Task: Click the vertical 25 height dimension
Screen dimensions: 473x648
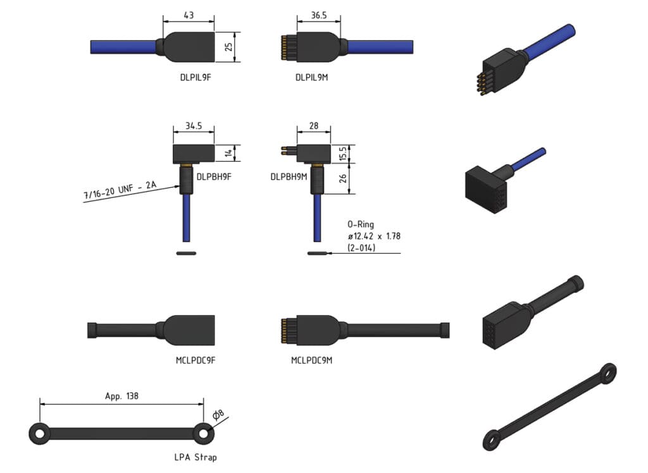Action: click(230, 47)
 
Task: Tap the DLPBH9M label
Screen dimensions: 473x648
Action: click(289, 177)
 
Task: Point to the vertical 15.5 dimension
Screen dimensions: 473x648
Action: click(342, 153)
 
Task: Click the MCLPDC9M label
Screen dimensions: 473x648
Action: click(312, 360)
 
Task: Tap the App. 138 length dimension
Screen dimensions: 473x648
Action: click(121, 396)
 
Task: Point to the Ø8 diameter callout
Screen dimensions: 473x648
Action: click(217, 415)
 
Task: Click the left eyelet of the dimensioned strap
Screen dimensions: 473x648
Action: click(39, 434)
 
